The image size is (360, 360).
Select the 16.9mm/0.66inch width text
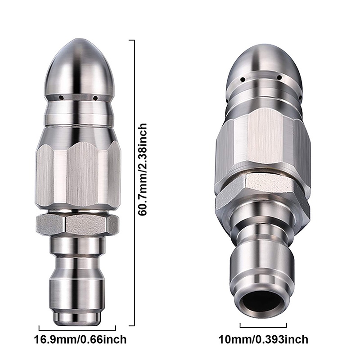(x=81, y=339)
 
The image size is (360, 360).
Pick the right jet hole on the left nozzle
(x=94, y=96)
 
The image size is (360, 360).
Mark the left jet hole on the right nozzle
(x=243, y=80)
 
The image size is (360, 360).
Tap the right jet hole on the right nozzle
(x=279, y=78)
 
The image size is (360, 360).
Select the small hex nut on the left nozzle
(x=77, y=224)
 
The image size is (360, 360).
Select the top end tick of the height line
(x=132, y=40)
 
